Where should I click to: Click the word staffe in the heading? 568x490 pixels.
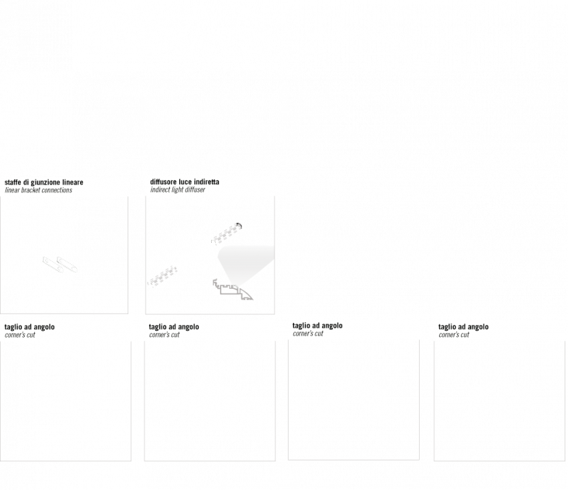coord(13,182)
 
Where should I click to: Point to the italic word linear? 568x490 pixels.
coord(12,191)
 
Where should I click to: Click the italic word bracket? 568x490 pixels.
coord(31,191)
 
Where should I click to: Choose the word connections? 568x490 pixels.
coord(57,191)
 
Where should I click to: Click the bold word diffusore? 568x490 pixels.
coord(163,182)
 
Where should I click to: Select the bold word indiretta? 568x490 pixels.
coord(206,182)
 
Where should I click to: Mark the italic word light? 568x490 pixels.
coord(178,191)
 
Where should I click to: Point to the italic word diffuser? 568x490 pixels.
coord(195,190)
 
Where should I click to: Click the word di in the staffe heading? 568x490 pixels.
coord(26,182)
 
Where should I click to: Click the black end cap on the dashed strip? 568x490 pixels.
coord(239,226)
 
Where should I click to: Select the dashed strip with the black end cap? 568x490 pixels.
coord(227,233)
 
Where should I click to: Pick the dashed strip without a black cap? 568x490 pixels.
coord(162,277)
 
